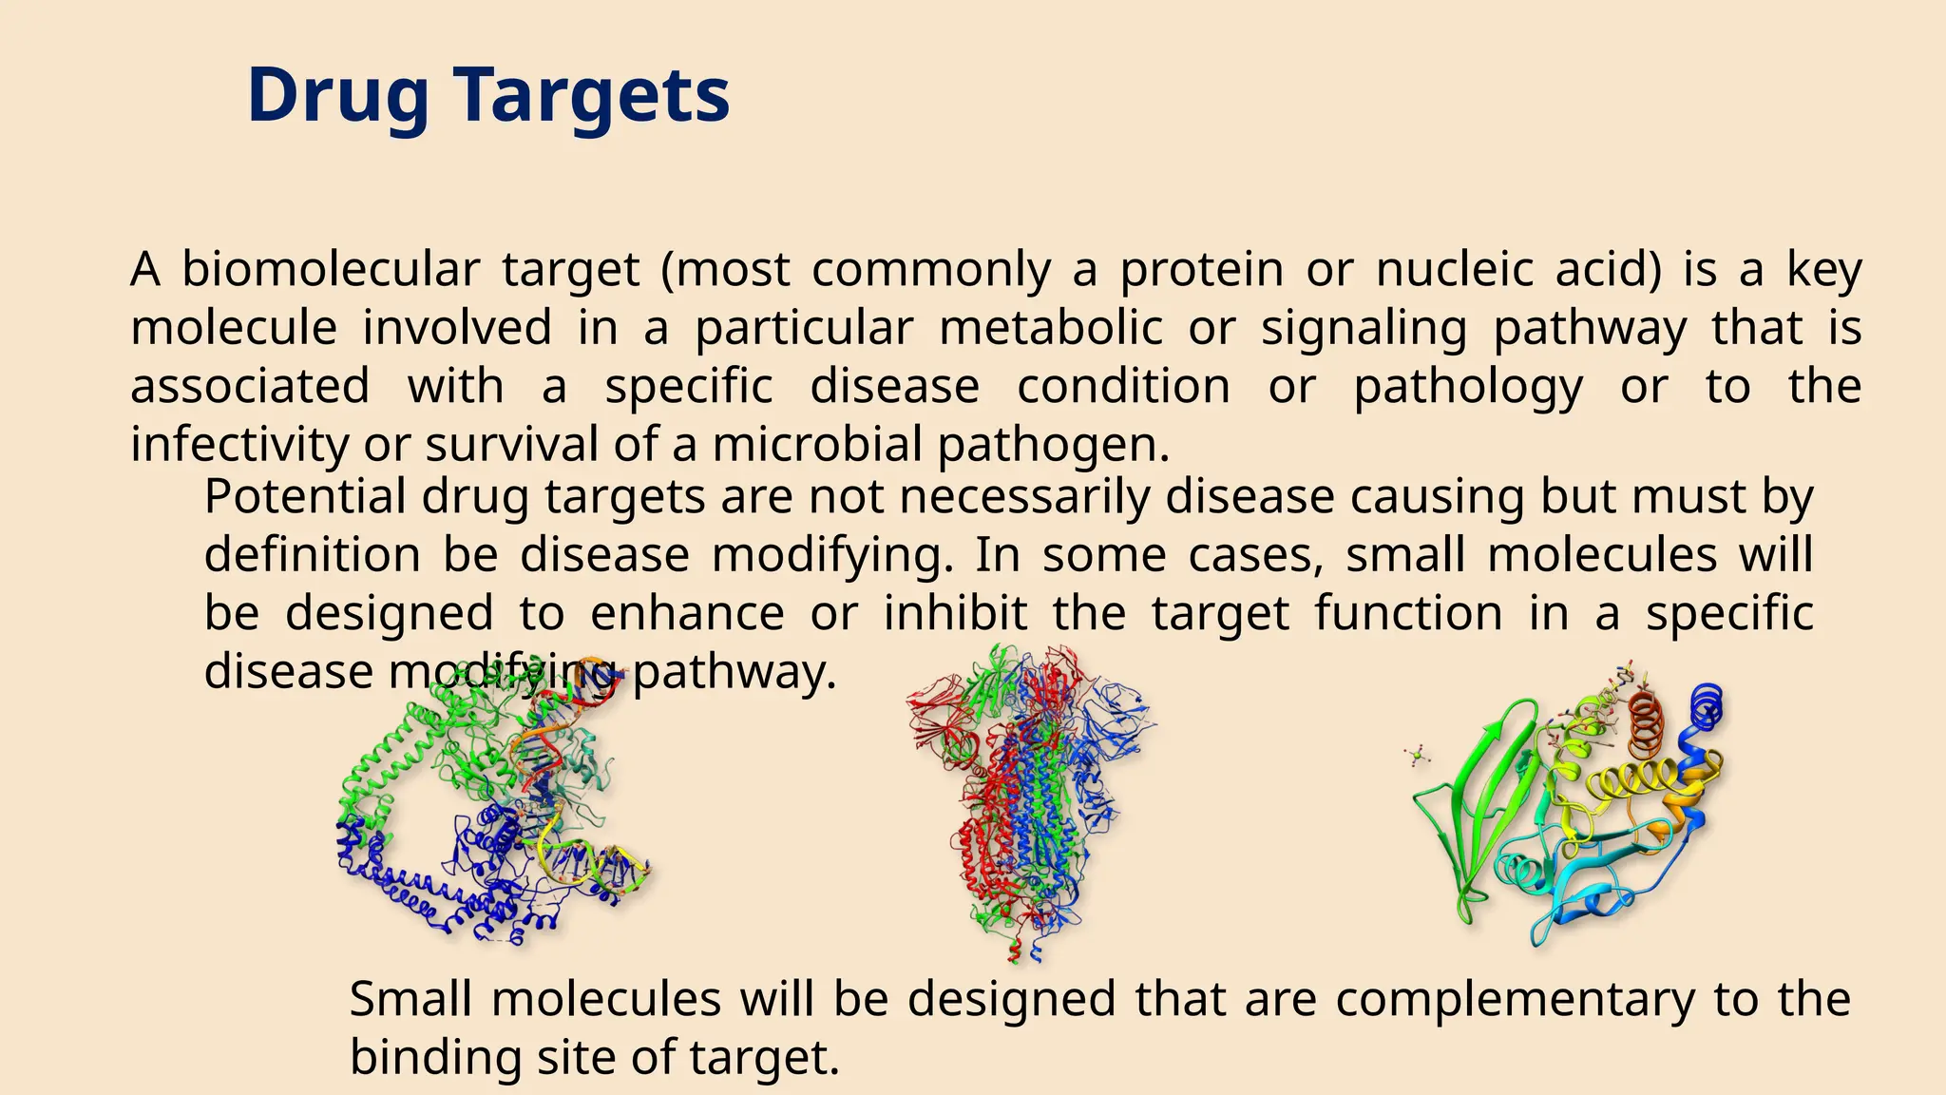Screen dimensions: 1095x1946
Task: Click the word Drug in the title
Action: tap(337, 95)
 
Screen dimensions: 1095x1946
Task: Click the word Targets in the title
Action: tap(590, 95)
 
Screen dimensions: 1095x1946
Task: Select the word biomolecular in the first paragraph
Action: tap(330, 269)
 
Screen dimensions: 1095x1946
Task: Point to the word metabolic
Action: tap(1051, 328)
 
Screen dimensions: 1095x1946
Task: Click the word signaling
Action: tap(1364, 328)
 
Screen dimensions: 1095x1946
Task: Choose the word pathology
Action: tap(1467, 387)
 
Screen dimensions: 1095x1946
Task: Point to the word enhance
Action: tap(687, 613)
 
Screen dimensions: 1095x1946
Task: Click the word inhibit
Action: tap(955, 613)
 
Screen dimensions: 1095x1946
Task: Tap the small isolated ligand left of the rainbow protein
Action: tap(1416, 757)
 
